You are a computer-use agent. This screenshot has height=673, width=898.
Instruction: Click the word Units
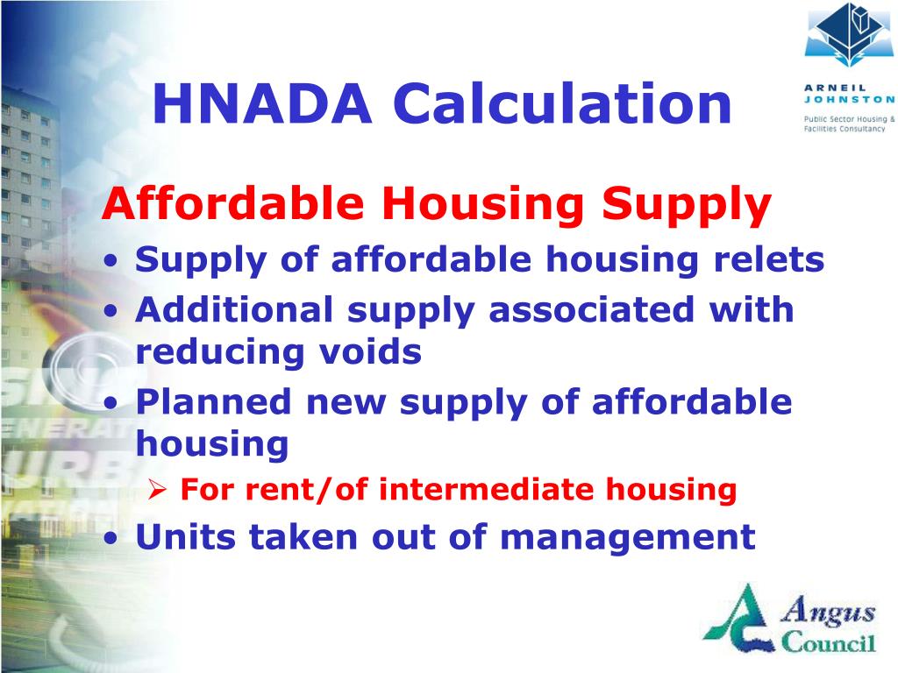(x=183, y=535)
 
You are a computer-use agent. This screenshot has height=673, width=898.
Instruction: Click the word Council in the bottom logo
(x=828, y=644)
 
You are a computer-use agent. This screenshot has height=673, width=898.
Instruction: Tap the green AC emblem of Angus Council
(x=741, y=624)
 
